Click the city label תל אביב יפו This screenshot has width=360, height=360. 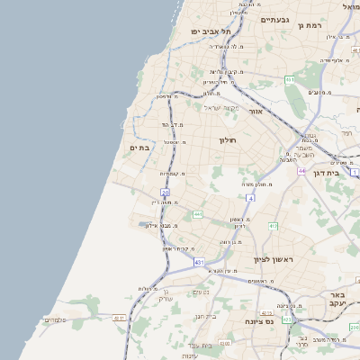coord(206,31)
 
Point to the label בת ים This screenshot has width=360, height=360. coord(139,148)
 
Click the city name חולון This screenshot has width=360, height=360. coord(227,140)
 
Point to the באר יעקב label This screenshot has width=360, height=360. coord(337,300)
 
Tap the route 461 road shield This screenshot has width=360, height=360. coord(289,80)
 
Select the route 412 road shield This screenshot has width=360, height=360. coord(273,227)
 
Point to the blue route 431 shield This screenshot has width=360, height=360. coord(199,262)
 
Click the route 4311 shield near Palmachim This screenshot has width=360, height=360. coord(119,318)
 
